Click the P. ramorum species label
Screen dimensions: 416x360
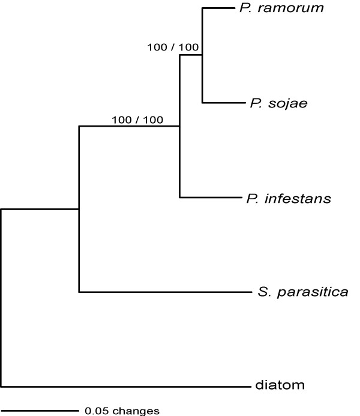(274, 8)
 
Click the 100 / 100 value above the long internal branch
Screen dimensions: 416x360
(137, 119)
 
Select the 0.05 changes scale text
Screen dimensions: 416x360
(122, 411)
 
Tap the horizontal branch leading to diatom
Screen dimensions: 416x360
(120, 386)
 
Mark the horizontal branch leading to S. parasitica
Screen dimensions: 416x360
(162, 292)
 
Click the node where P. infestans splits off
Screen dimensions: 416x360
(180, 127)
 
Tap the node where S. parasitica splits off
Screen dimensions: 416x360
(79, 210)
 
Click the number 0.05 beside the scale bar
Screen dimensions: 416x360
(96, 411)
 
